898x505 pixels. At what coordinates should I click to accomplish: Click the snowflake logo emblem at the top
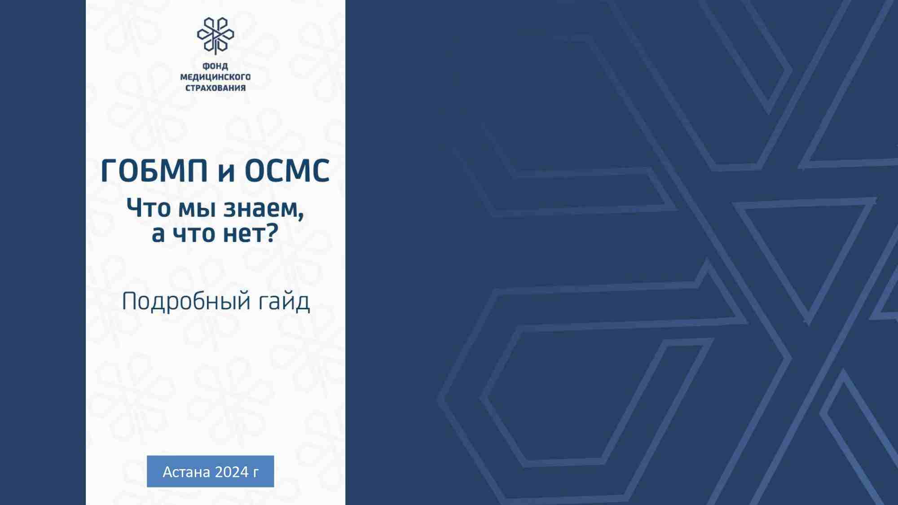point(216,35)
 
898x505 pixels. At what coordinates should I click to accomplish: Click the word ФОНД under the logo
point(215,66)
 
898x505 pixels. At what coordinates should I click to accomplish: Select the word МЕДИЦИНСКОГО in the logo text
point(215,77)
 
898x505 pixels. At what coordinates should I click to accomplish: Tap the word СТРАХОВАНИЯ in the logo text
point(216,88)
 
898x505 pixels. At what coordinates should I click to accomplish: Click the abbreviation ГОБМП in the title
point(154,171)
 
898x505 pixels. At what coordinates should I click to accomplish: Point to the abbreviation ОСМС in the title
point(287,171)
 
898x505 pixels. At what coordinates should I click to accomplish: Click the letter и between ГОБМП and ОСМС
point(226,174)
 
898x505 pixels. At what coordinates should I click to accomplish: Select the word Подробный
point(186,301)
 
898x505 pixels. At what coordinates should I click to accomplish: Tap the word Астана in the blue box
point(186,472)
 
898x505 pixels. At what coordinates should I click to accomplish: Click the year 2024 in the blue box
point(232,472)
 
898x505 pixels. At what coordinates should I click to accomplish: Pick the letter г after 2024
point(256,473)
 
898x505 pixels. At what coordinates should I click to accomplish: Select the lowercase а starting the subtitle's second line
point(158,235)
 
